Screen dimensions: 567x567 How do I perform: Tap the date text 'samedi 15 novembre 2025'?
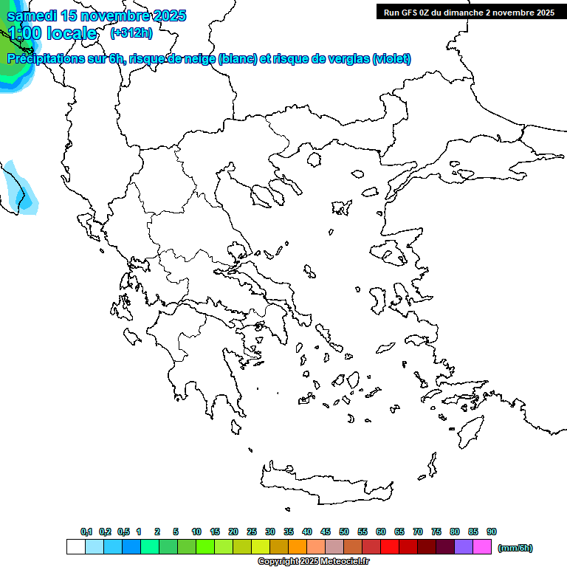[x=97, y=16]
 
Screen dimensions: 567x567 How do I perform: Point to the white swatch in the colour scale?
[x=75, y=547]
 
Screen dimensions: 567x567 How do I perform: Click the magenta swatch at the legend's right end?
[x=482, y=547]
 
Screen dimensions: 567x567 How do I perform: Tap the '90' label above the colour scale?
[x=492, y=532]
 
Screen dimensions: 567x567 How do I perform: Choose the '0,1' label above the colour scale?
[x=86, y=532]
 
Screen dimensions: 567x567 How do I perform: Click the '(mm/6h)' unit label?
[x=515, y=548]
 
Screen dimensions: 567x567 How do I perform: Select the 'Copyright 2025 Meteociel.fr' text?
[x=314, y=562]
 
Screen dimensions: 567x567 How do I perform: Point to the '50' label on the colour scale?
[x=344, y=532]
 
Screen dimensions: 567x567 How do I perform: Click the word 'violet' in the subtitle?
[x=392, y=59]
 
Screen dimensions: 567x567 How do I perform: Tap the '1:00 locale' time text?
[x=52, y=33]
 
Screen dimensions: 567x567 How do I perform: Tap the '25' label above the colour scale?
[x=252, y=532]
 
